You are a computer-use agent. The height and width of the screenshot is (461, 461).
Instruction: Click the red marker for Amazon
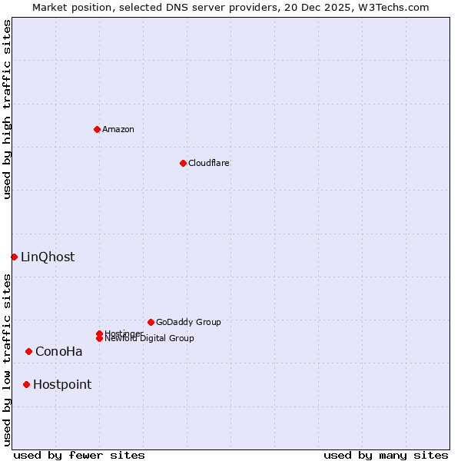coord(97,129)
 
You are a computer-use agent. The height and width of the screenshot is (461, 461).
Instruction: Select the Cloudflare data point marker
coord(183,163)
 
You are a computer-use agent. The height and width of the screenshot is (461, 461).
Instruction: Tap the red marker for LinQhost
coord(14,257)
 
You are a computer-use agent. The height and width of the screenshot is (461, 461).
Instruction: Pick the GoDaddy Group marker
coord(151,322)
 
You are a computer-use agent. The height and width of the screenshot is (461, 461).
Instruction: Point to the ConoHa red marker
coord(28,351)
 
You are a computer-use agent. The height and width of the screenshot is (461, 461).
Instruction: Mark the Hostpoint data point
coord(26,384)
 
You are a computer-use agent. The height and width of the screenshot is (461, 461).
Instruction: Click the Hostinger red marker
coord(99,333)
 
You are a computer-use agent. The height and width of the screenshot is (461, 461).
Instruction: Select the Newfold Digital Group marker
coord(99,339)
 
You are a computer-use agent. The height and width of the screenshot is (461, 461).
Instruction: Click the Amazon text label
coord(118,129)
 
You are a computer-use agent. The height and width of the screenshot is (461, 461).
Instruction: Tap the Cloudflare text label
coord(209,163)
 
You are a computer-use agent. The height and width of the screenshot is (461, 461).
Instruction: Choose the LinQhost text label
coord(48,257)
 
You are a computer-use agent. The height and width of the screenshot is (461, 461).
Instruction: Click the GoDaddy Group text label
coord(188,322)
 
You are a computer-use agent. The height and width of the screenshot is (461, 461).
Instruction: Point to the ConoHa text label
coord(59,351)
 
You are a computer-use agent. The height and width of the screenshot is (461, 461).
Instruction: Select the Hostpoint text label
coord(62,384)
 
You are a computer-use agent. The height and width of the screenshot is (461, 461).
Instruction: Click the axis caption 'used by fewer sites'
coord(79,455)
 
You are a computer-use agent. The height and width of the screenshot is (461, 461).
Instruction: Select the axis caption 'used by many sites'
coord(386,455)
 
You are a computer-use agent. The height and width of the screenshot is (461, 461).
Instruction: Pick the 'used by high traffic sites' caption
coord(7,109)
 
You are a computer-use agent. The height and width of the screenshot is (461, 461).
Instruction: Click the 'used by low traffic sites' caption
coord(7,360)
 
